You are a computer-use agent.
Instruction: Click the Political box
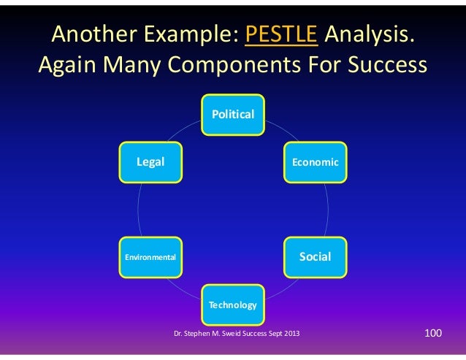pyautogui.click(x=233, y=114)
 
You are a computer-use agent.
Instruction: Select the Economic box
pyautogui.click(x=316, y=161)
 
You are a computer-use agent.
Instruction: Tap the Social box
pyautogui.click(x=316, y=256)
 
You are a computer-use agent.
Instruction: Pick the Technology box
pyautogui.click(x=233, y=304)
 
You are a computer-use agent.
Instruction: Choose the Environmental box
pyautogui.click(x=150, y=257)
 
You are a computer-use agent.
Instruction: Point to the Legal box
pyautogui.click(x=150, y=161)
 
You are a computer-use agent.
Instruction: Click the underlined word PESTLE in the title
pyautogui.click(x=282, y=34)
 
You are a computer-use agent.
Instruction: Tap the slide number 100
pyautogui.click(x=433, y=334)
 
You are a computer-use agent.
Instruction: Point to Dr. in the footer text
pyautogui.click(x=178, y=334)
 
